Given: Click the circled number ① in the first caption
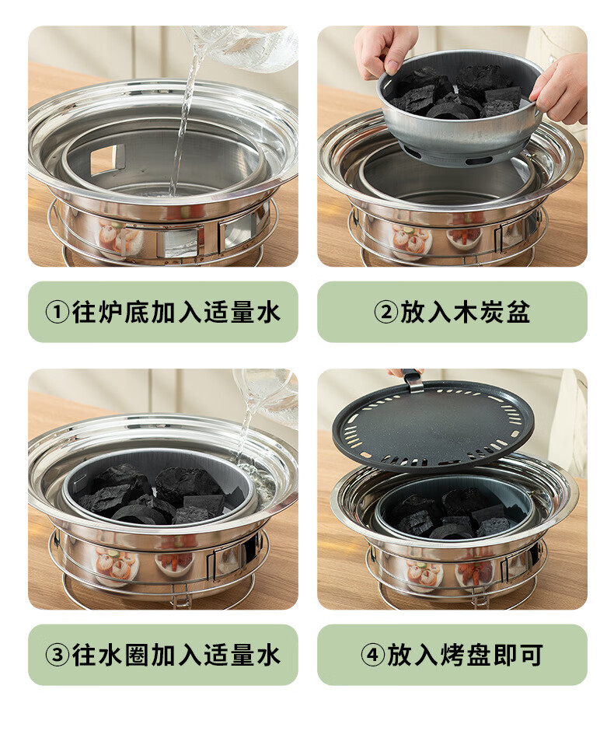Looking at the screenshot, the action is coord(57,313).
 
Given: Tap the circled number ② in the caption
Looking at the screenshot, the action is coord(386,313).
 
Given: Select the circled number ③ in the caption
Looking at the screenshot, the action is coord(57,655).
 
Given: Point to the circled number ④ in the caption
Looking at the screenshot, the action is coord(373,655).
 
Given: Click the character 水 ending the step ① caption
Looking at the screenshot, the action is coord(268,313).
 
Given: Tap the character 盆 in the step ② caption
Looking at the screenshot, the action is coord(518,313).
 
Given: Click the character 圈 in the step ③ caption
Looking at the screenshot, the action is coord(137,655).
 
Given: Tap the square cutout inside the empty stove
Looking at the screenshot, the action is coord(103,159).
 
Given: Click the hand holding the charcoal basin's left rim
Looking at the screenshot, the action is coord(385,51).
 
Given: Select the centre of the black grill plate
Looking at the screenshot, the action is coord(433,425).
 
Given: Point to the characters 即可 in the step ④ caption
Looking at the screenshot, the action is coord(518,655).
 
